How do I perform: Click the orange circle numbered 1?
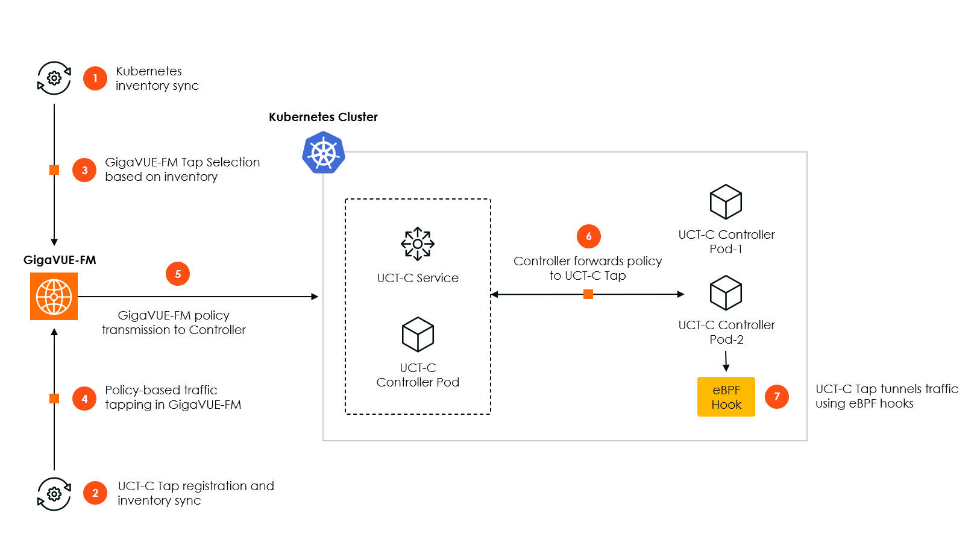pyautogui.click(x=95, y=78)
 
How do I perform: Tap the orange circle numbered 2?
pyautogui.click(x=95, y=493)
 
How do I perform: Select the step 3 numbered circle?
pyautogui.click(x=84, y=170)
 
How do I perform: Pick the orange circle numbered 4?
pyautogui.click(x=84, y=399)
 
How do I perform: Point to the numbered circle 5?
pyautogui.click(x=178, y=274)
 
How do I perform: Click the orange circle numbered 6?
pyautogui.click(x=589, y=236)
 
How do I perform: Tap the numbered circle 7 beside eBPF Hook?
pyautogui.click(x=777, y=397)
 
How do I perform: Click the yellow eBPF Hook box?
pyautogui.click(x=726, y=397)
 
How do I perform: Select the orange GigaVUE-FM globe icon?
pyautogui.click(x=54, y=296)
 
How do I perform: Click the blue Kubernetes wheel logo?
pyautogui.click(x=324, y=154)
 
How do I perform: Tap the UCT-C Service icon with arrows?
pyautogui.click(x=418, y=244)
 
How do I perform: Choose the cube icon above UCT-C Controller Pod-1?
pyautogui.click(x=726, y=202)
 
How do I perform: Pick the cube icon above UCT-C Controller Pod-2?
pyautogui.click(x=726, y=293)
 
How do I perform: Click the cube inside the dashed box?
pyautogui.click(x=418, y=335)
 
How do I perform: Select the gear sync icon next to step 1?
pyautogui.click(x=54, y=78)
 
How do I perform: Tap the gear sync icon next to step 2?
pyautogui.click(x=54, y=494)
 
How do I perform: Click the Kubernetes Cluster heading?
pyautogui.click(x=323, y=117)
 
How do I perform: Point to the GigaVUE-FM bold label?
pyautogui.click(x=60, y=260)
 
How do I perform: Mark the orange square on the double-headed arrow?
pyautogui.click(x=588, y=294)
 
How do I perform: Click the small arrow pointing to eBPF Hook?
pyautogui.click(x=726, y=362)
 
